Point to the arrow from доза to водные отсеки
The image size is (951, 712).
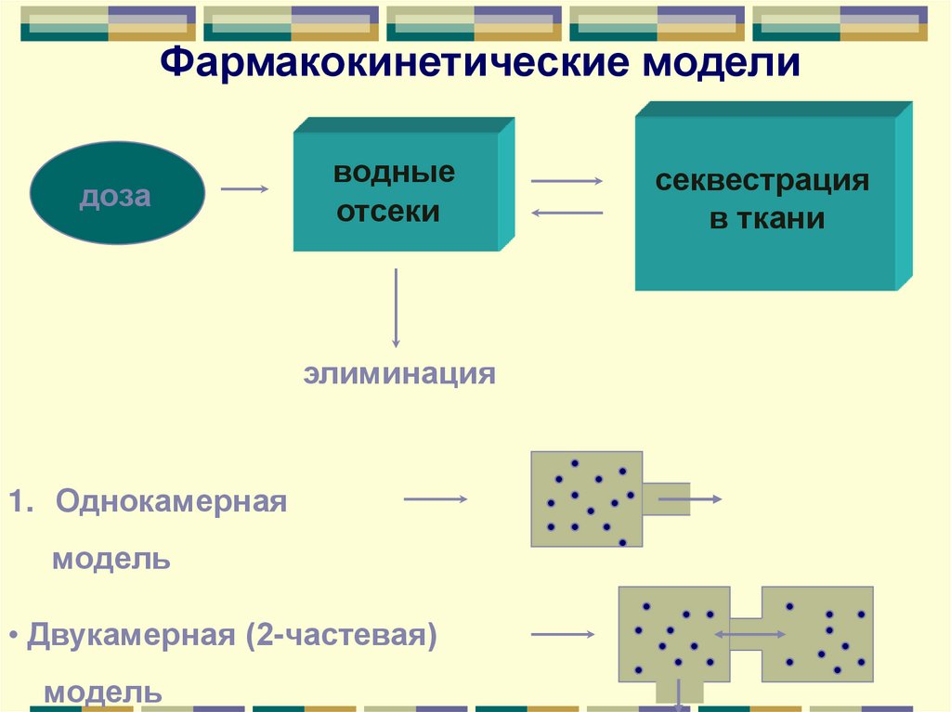(x=244, y=189)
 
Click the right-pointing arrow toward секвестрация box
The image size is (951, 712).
(x=567, y=181)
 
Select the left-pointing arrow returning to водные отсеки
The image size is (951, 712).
(x=567, y=214)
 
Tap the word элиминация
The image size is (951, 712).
(x=399, y=375)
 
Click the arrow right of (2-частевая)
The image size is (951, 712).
(x=562, y=635)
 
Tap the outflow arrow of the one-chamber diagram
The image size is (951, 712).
(x=688, y=499)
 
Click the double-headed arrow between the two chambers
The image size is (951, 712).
(x=749, y=634)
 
